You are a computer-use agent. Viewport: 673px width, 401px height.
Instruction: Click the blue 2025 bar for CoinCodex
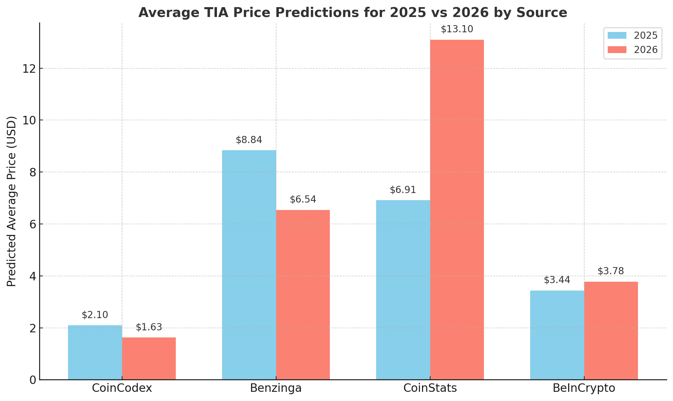95,352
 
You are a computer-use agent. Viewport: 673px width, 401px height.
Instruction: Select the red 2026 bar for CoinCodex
149,359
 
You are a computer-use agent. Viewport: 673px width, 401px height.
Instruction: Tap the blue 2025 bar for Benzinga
249,265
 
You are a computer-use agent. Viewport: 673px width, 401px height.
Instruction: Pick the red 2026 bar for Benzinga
303,295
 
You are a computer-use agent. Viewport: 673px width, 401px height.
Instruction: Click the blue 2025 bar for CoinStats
403,290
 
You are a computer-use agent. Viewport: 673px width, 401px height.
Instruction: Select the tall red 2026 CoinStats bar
457,210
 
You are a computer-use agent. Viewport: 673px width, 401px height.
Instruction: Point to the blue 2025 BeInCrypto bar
557,335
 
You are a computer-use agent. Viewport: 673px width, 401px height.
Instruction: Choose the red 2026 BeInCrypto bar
611,331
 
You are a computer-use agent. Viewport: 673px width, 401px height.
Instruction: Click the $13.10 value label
457,29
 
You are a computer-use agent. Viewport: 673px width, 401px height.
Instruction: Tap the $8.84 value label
249,140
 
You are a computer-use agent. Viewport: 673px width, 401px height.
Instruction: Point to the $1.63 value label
149,327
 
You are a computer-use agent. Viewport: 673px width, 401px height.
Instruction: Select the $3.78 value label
611,271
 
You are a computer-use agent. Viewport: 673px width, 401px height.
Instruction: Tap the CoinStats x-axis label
430,388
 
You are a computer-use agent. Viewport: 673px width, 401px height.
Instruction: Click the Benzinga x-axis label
276,388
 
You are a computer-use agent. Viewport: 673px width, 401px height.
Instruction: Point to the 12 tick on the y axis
29,69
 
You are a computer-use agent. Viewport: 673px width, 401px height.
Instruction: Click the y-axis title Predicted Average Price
12,201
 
